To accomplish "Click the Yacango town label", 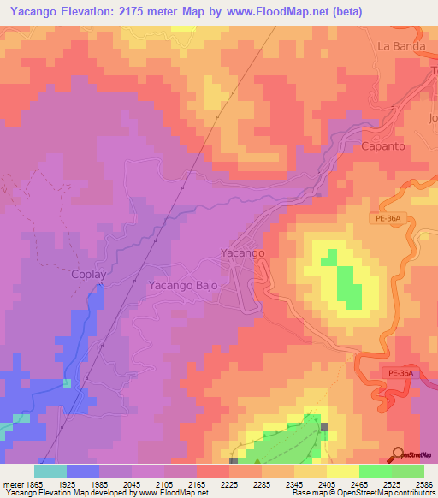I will click(243, 253).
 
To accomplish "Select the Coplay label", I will click(86, 276).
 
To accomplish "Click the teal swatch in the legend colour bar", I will click(50, 471).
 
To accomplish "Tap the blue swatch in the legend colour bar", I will click(82, 471).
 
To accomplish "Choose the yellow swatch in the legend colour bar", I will click(342, 471).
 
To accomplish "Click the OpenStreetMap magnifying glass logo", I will click(398, 454).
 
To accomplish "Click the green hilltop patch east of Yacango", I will click(347, 287).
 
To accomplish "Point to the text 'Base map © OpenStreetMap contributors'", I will click(363, 493).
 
